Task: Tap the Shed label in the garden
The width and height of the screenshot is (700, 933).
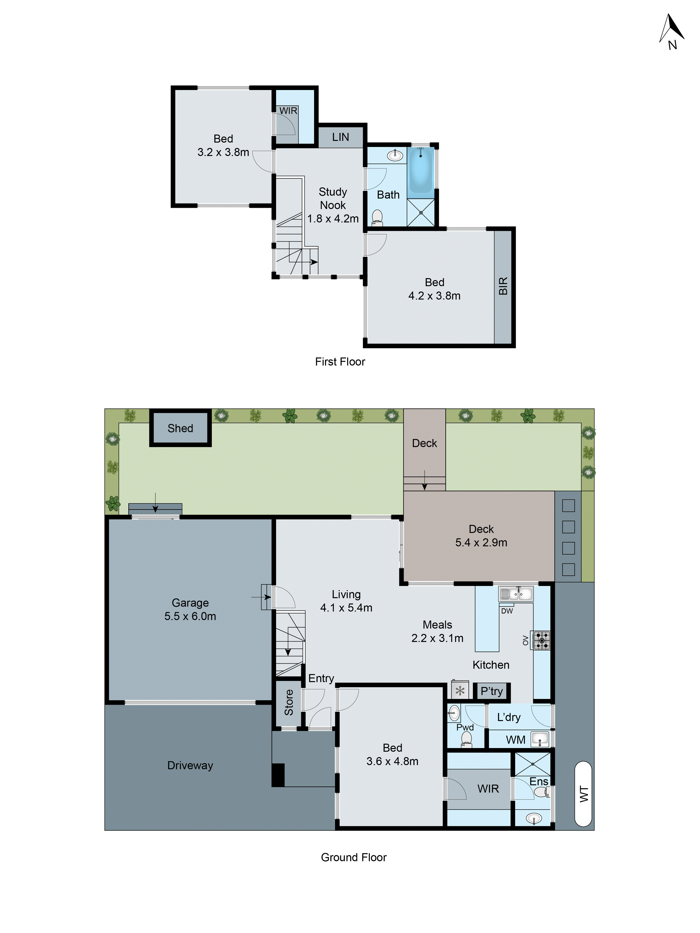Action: (180, 428)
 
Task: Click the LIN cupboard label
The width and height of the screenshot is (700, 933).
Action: (340, 137)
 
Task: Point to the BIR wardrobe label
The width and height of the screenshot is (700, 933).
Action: (503, 286)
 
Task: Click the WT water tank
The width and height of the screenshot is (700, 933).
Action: (583, 794)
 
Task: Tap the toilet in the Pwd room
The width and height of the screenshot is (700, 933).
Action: (466, 739)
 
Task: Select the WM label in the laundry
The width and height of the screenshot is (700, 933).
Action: (516, 740)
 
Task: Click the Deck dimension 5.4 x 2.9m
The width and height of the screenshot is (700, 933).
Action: (481, 542)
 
